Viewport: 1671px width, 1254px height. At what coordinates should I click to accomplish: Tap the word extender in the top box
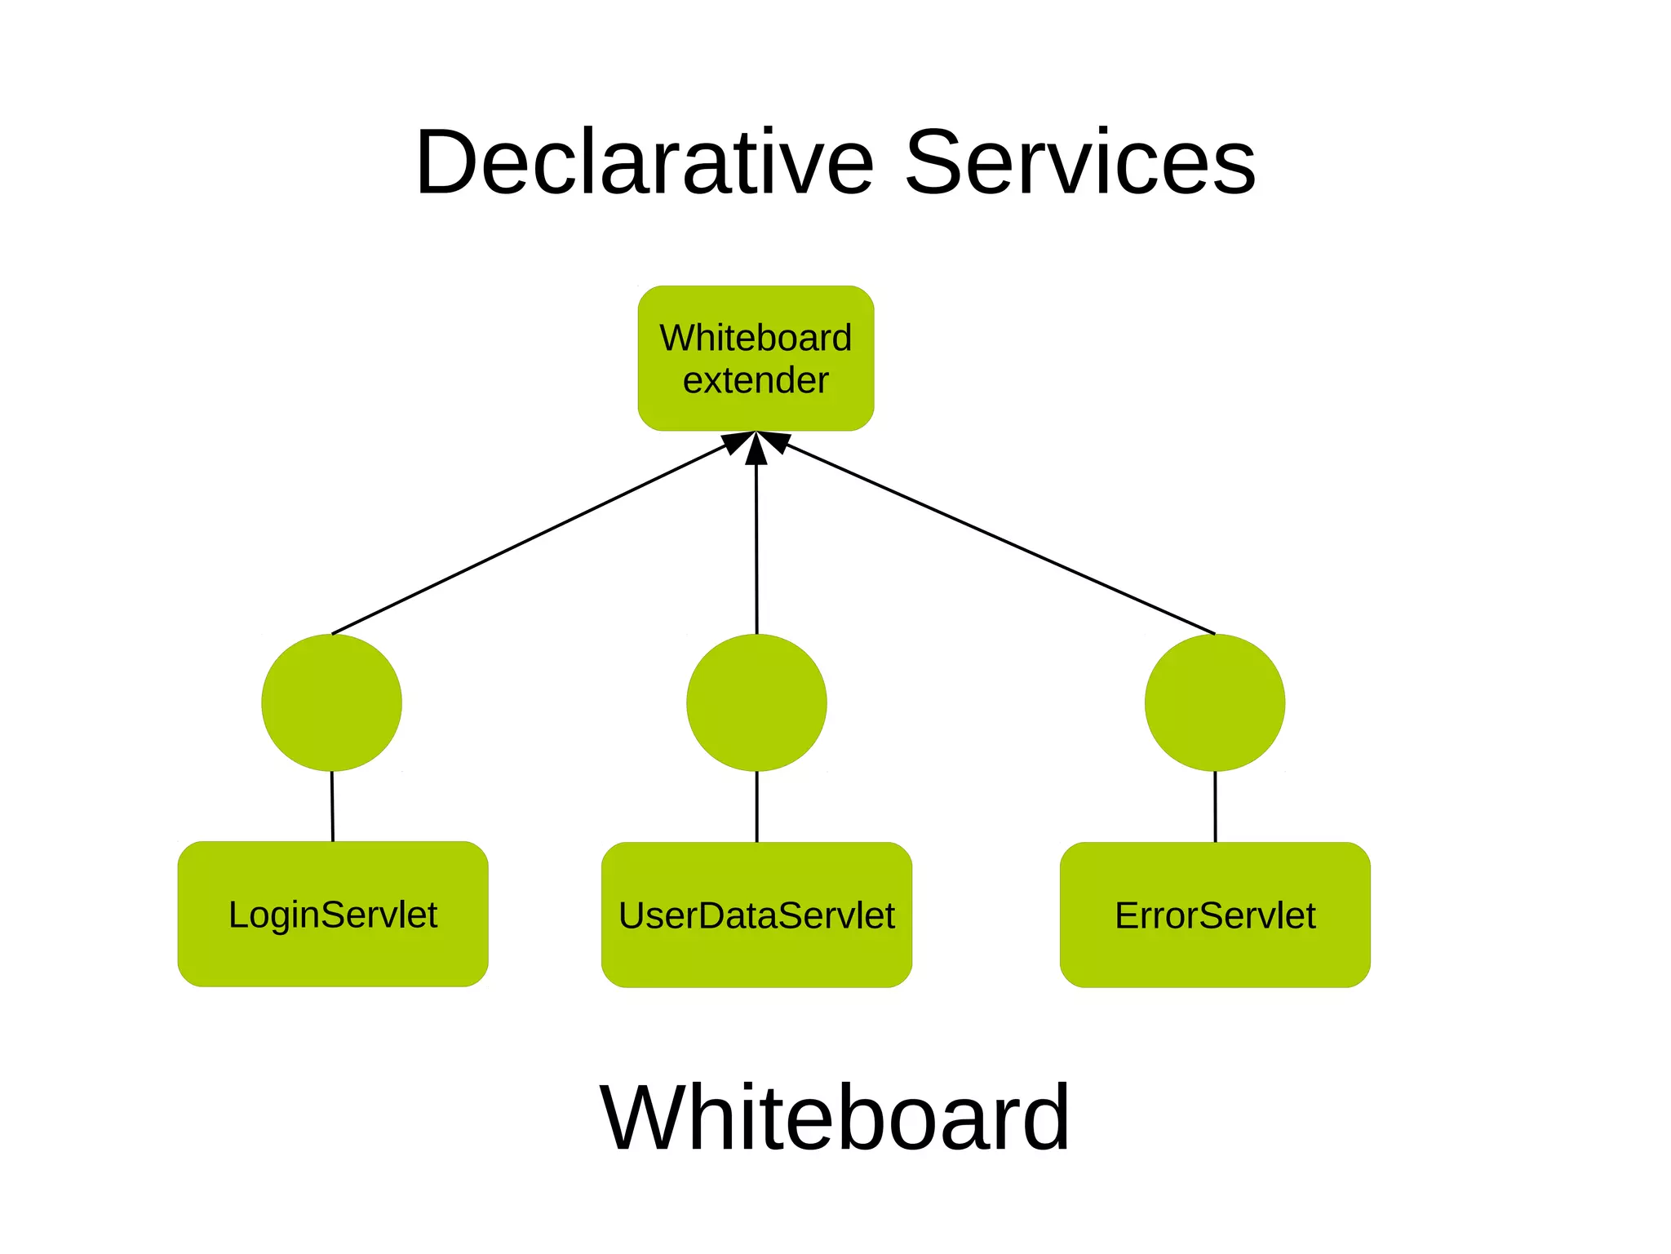tap(756, 380)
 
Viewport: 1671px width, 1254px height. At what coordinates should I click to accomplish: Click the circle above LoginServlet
tap(331, 702)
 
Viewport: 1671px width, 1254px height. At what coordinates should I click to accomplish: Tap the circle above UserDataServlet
tap(756, 702)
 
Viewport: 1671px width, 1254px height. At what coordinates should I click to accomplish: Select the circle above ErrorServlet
tap(1215, 702)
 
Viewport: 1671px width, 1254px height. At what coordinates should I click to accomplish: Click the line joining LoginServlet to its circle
tap(332, 806)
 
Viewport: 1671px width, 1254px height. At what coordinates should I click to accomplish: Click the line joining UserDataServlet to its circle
tap(756, 806)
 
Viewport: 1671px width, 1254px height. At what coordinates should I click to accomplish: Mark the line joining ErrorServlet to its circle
tap(1215, 806)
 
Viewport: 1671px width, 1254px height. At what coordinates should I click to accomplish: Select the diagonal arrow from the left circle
tap(530, 538)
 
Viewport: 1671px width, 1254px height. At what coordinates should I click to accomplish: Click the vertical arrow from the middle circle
tap(756, 547)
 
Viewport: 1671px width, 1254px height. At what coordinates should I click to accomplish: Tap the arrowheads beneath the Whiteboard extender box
tap(756, 445)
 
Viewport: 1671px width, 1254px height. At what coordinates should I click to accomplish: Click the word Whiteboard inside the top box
tap(756, 338)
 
